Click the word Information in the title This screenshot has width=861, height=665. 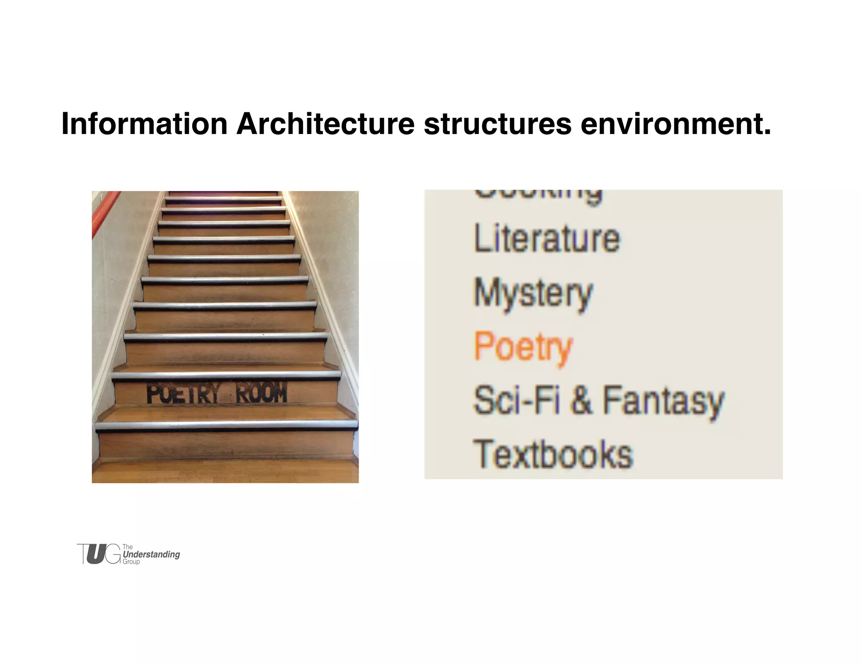point(144,124)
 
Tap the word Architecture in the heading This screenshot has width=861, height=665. point(325,124)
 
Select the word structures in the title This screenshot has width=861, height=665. point(497,124)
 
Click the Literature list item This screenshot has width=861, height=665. point(547,238)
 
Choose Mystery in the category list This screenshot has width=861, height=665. point(533,293)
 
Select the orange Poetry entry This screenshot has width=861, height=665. point(523,347)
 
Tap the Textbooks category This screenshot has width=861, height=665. point(553,454)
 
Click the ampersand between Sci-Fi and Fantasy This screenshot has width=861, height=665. point(581,400)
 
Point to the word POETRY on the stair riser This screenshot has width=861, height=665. point(183,394)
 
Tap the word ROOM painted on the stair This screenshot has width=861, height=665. point(261,393)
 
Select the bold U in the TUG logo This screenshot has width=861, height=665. point(96,554)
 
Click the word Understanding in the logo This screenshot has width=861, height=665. point(151,554)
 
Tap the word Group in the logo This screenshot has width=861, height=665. point(131,562)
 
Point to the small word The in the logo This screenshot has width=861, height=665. point(127,547)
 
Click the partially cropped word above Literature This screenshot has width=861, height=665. point(538,196)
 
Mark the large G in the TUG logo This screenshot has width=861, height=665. point(112,554)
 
